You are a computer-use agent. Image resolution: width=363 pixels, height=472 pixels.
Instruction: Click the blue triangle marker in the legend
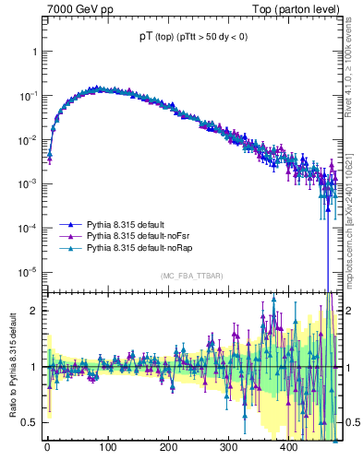[x=70, y=225]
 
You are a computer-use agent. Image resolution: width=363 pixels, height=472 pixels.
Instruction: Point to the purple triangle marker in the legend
[x=70, y=237]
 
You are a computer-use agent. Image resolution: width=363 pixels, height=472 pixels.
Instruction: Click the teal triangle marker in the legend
[x=70, y=249]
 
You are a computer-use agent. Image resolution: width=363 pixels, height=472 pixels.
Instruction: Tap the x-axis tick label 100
[x=107, y=449]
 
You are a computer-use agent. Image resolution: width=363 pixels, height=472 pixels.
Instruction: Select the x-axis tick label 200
[x=168, y=449]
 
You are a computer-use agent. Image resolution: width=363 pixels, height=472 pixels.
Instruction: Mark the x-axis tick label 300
[x=228, y=449]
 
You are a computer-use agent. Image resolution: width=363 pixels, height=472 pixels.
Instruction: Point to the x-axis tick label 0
[x=47, y=449]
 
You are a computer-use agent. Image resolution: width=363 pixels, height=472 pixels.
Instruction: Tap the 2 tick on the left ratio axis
[x=35, y=311]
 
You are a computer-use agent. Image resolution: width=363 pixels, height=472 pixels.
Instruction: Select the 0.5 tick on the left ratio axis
[x=31, y=422]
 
